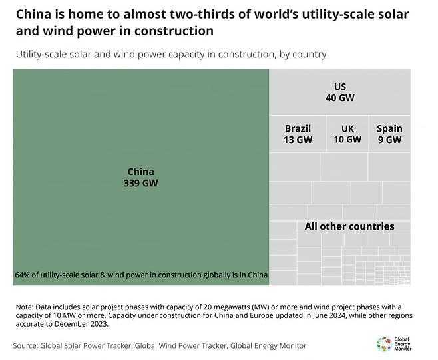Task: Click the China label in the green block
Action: pos(140,172)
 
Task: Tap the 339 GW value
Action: pos(140,183)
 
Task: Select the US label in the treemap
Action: pos(340,87)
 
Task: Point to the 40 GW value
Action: pos(340,98)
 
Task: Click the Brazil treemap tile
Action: pos(298,134)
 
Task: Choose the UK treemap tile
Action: pos(347,134)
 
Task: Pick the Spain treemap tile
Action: pos(389,134)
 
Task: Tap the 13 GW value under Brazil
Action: pos(298,140)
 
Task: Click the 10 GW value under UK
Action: pos(347,140)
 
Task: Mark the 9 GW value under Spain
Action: pos(389,140)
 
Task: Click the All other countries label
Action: pos(349,226)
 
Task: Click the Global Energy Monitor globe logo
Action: pos(384,343)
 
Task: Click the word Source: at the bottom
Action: pos(25,345)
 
